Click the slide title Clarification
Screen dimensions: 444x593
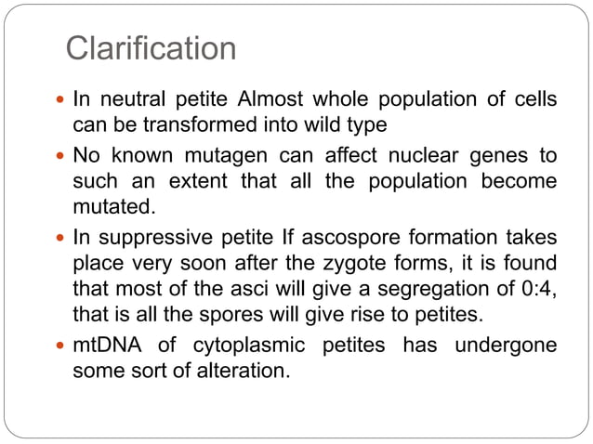coord(152,48)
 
